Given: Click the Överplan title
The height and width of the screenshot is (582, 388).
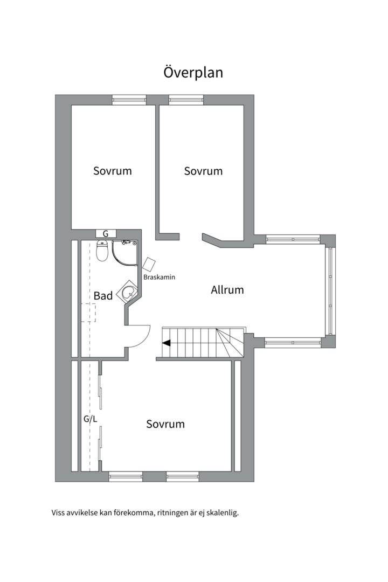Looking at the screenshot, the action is (x=193, y=72).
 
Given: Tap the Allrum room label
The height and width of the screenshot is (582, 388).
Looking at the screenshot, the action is (x=227, y=289).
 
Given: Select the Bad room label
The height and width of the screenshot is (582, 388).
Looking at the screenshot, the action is (x=103, y=296).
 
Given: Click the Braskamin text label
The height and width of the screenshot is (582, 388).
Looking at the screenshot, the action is (x=159, y=278).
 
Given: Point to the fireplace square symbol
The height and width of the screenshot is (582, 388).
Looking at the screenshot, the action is (x=149, y=264).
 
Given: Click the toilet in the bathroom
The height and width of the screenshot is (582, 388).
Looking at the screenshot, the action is (x=102, y=251).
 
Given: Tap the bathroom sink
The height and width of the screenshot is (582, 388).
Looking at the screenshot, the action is (x=128, y=293).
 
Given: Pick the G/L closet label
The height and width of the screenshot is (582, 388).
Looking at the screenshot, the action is (x=90, y=419).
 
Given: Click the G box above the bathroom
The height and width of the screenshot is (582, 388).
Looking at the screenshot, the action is (x=106, y=234).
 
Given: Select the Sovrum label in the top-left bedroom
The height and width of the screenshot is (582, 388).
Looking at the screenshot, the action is (x=113, y=171).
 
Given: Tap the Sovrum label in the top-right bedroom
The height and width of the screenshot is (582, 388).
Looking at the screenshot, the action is (x=204, y=171).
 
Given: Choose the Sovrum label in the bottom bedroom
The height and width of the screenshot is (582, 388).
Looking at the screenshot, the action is (x=165, y=424).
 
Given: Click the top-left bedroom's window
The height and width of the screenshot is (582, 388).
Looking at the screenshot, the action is (x=129, y=100).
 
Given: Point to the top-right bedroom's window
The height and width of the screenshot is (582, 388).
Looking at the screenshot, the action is (x=186, y=99).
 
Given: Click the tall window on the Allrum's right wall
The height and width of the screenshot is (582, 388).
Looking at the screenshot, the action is (x=330, y=290).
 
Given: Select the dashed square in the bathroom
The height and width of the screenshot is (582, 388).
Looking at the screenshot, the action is (x=89, y=313).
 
